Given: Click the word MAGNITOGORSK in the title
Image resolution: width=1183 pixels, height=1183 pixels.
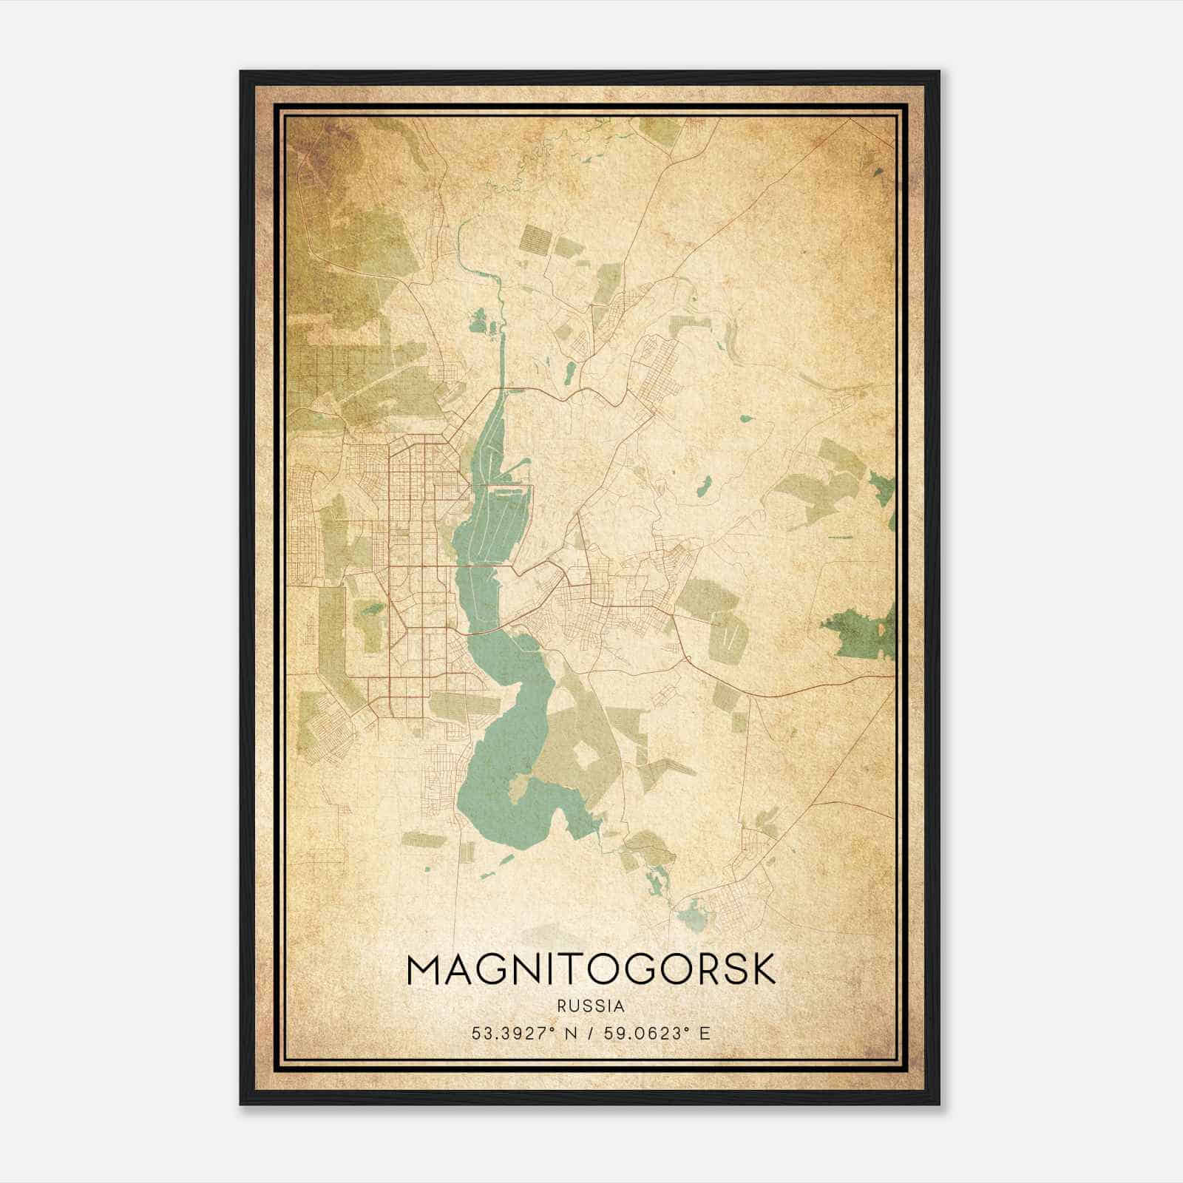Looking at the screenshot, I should pyautogui.click(x=591, y=969).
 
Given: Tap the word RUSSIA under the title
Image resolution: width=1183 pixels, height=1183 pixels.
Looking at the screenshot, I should pyautogui.click(x=591, y=1006).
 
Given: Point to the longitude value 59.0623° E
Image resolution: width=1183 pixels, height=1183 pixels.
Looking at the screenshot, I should pyautogui.click(x=657, y=1033).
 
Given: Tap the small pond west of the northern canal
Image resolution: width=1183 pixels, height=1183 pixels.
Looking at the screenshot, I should pyautogui.click(x=479, y=322).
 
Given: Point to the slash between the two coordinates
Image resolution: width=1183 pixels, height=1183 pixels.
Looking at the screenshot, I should pyautogui.click(x=592, y=1033).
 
